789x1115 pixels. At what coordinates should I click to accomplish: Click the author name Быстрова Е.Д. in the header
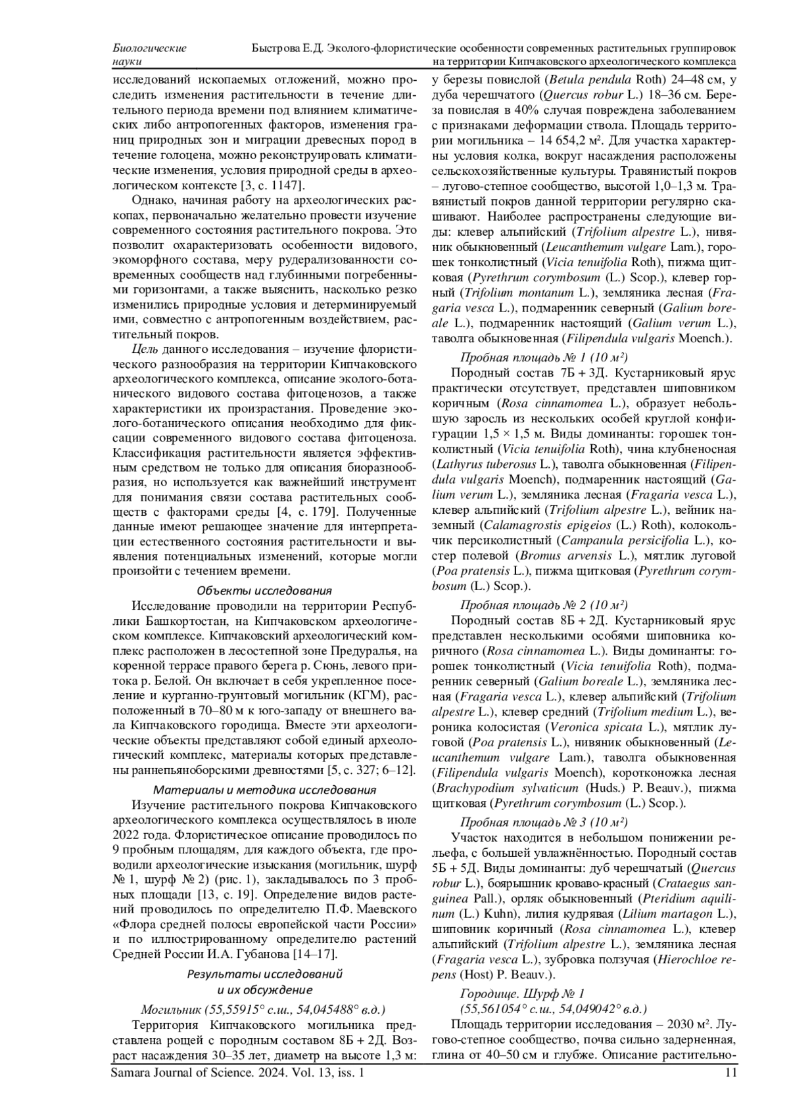pos(288,48)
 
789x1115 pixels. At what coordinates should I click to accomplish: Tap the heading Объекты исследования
pos(264,590)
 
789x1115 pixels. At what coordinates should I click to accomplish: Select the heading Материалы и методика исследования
pos(264,789)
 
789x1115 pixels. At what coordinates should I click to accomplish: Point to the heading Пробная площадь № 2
pos(544,604)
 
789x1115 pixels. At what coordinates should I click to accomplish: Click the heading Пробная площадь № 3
pos(544,821)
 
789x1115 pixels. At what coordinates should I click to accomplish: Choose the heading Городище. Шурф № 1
pos(521,993)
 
